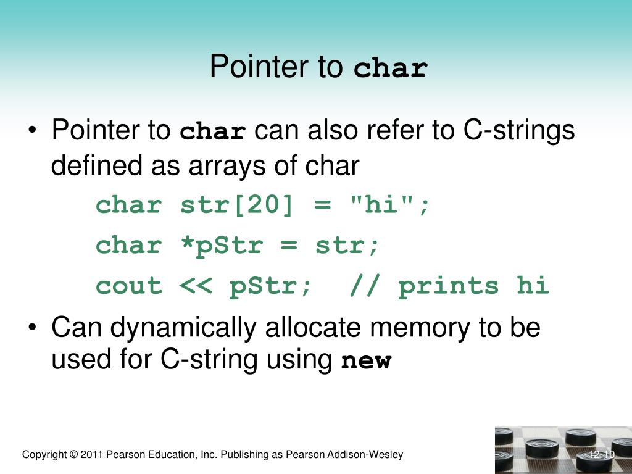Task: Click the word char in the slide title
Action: coord(391,68)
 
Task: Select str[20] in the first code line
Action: coord(236,206)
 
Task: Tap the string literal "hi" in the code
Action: coord(381,206)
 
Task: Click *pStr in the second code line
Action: coord(222,246)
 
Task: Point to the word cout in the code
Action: coord(128,286)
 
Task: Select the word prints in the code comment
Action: coord(448,286)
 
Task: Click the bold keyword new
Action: coord(367,361)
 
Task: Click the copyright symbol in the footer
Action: coord(74,455)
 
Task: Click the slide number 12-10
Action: coord(602,455)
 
